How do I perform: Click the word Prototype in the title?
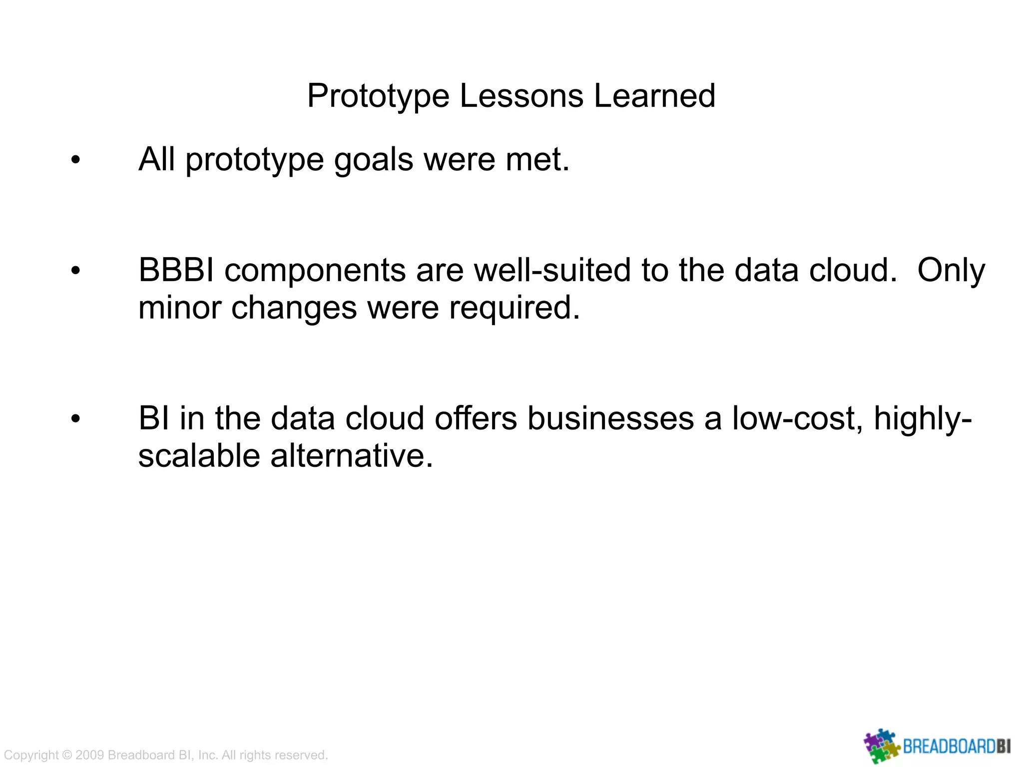pyautogui.click(x=378, y=96)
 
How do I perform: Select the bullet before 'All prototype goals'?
pyautogui.click(x=75, y=161)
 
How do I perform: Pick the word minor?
pyautogui.click(x=179, y=308)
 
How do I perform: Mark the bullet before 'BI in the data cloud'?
pyautogui.click(x=75, y=418)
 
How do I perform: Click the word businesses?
pyautogui.click(x=610, y=418)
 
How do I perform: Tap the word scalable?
pyautogui.click(x=199, y=456)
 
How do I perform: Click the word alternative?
pyautogui.click(x=352, y=456)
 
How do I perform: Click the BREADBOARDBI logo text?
pyautogui.click(x=957, y=747)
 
